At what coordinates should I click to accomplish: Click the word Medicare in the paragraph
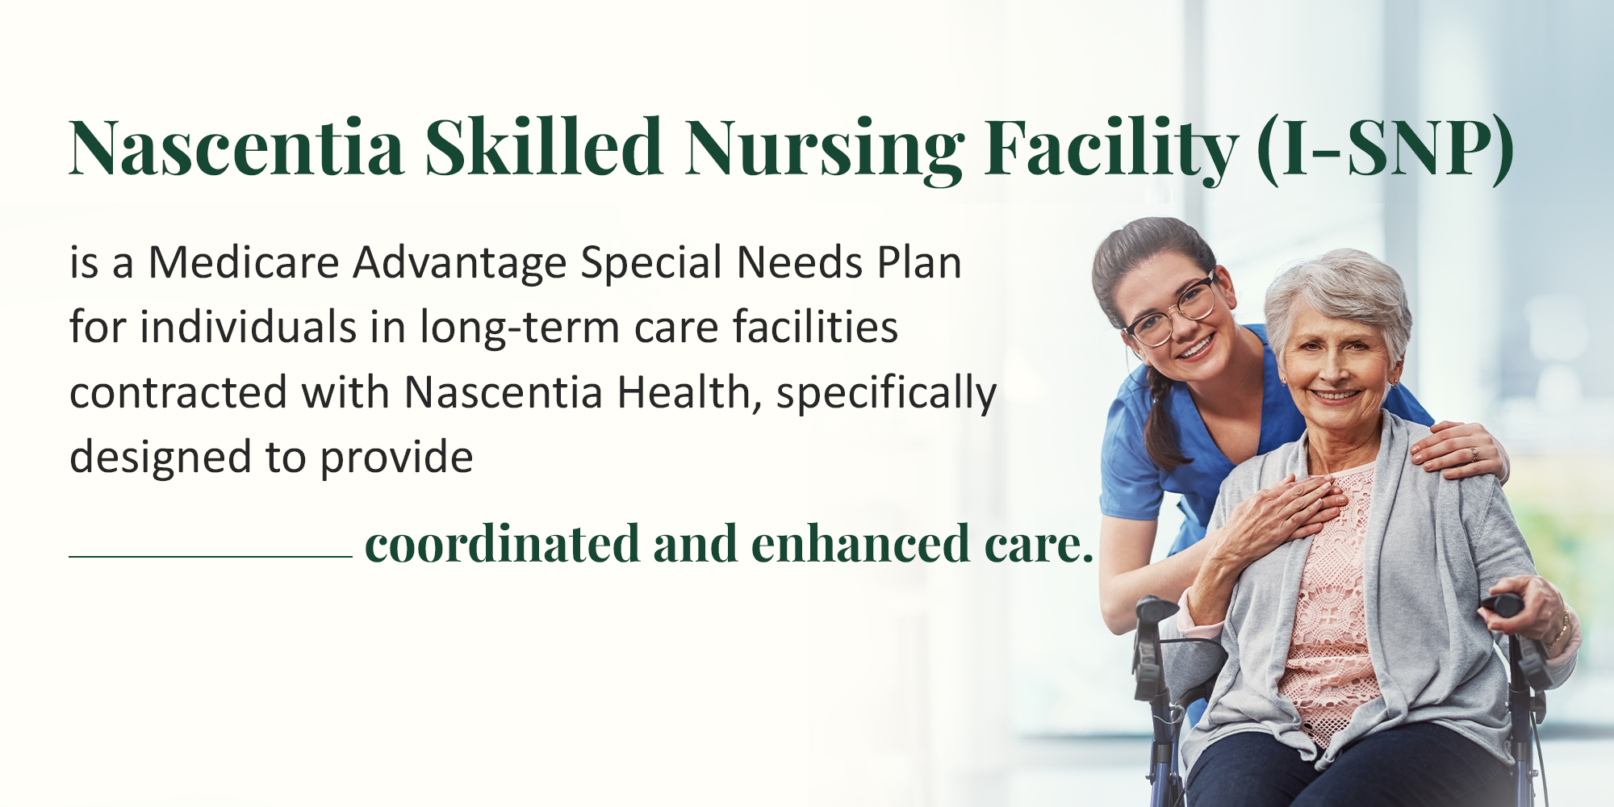244,263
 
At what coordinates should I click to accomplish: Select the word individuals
249,328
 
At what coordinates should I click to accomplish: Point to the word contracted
178,393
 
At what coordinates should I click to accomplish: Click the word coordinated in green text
502,543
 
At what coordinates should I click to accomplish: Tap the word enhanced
860,543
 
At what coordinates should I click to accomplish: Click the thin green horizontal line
211,557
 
